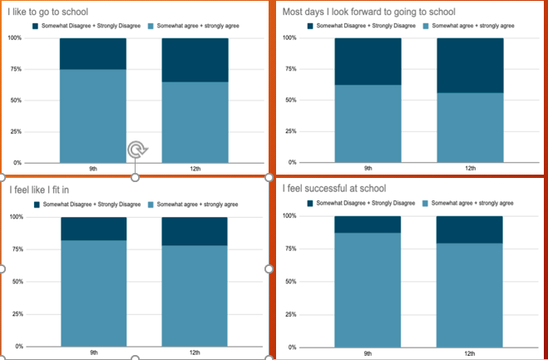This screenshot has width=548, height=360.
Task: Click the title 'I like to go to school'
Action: point(47,12)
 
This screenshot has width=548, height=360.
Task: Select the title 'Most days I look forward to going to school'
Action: point(368,12)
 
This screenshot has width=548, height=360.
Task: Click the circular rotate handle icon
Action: point(137,150)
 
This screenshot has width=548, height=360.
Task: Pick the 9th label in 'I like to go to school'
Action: point(93,169)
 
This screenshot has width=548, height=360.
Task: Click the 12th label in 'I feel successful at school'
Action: point(470,353)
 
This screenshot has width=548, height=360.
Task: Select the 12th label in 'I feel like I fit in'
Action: point(195,353)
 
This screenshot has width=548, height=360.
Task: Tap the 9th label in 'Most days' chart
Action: point(368,169)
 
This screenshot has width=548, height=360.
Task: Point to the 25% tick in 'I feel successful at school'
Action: point(291,314)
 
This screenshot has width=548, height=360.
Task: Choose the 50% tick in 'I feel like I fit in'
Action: point(16,282)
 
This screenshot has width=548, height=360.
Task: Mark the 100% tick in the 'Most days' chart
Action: point(290,38)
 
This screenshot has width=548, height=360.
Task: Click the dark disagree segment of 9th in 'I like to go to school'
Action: point(93,53)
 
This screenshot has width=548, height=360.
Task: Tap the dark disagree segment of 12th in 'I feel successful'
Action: point(470,229)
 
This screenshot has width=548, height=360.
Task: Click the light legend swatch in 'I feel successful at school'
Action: point(427,204)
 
